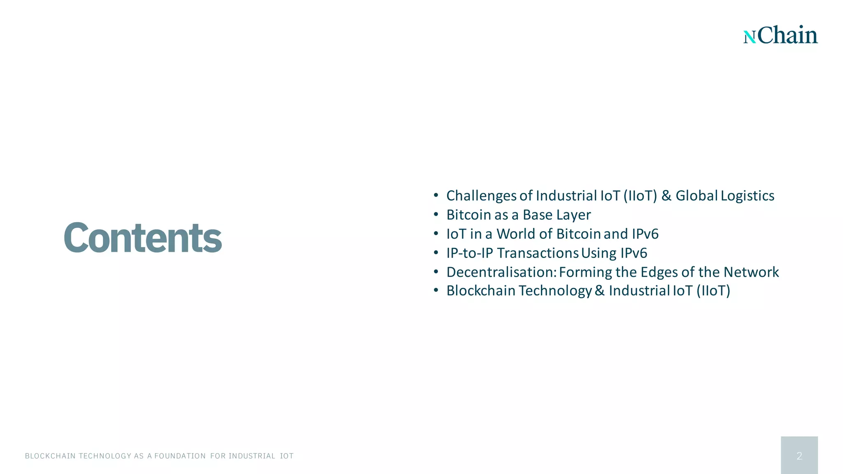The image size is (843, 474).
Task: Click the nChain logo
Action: point(780,35)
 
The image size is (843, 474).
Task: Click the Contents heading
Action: point(143,237)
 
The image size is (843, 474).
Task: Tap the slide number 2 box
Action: point(799,455)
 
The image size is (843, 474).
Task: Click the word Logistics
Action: point(748,196)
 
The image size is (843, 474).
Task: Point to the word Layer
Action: point(573,215)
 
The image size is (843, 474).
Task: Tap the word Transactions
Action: point(538,253)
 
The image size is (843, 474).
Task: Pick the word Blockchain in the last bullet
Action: point(481,291)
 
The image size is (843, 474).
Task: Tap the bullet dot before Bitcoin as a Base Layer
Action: point(436,215)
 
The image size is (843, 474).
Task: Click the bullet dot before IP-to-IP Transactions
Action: point(436,253)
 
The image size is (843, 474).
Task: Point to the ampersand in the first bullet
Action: point(666,196)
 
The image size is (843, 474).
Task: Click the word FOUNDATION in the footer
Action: point(180,456)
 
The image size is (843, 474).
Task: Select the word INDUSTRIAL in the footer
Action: point(252,456)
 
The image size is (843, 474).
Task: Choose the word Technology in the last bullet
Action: point(555,291)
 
